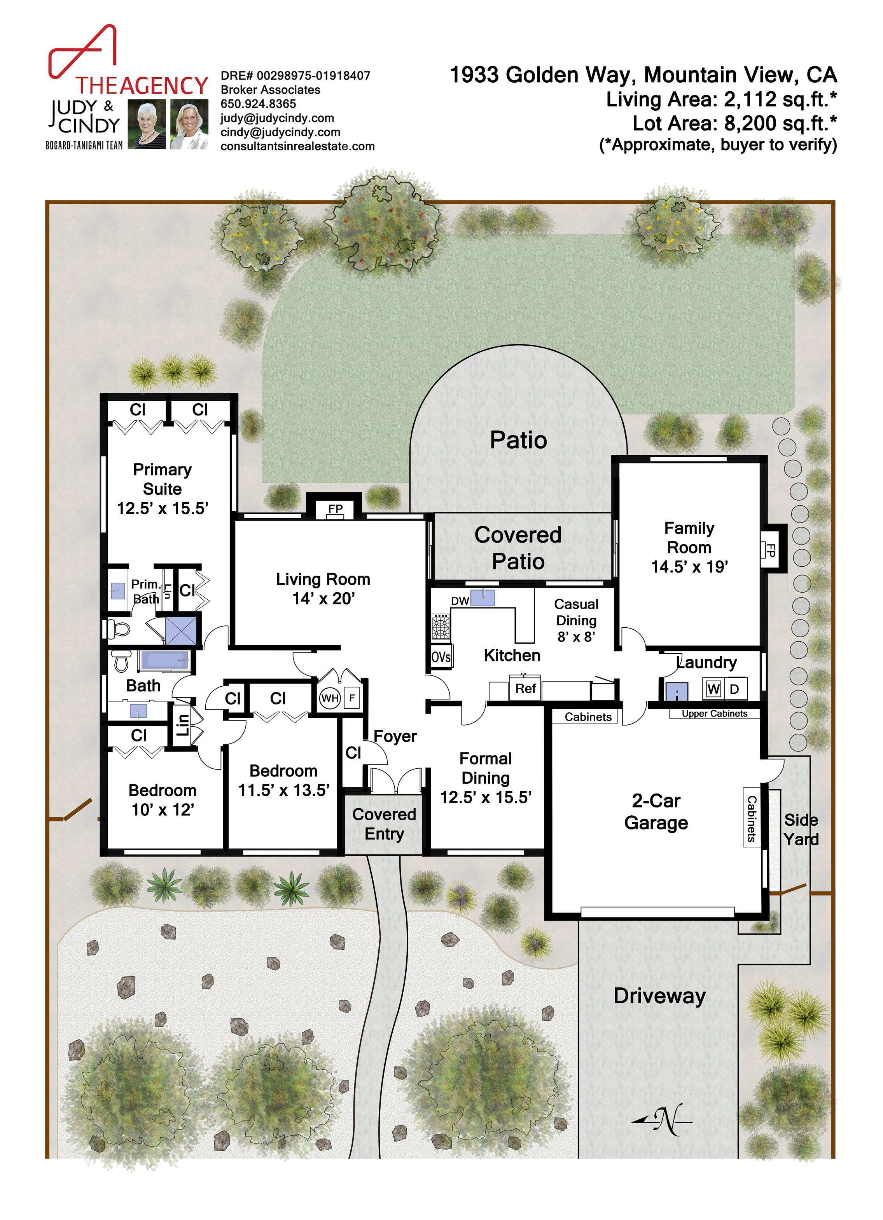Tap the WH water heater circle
coord(330,698)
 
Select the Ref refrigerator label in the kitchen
coord(526,689)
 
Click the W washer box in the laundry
coord(713,689)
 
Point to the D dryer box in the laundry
coord(734,689)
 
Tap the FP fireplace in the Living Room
coord(336,509)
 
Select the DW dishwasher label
coord(460,601)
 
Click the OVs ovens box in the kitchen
coord(441,657)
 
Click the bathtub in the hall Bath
coord(165,661)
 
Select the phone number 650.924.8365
coord(259,104)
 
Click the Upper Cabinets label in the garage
coord(715,714)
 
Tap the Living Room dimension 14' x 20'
coord(323,599)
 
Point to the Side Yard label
coord(801,830)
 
